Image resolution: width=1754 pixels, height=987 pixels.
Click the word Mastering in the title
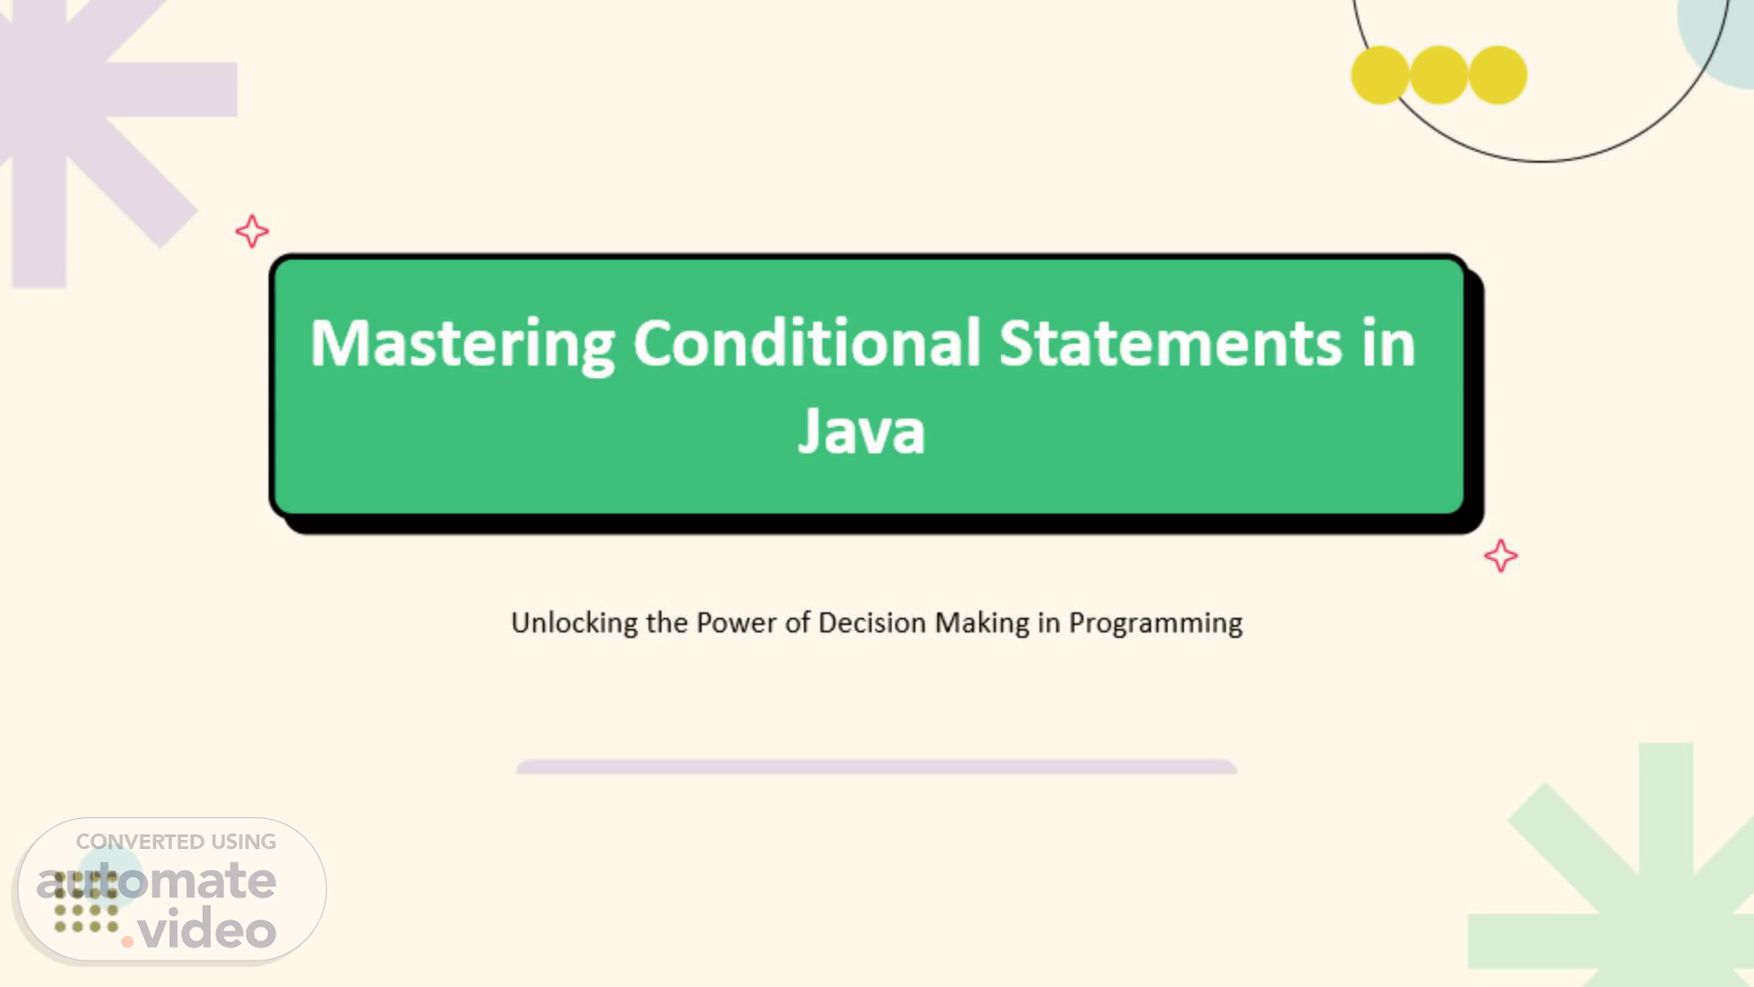[462, 345]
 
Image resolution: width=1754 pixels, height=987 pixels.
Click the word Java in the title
[861, 430]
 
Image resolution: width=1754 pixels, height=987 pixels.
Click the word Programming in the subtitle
[1156, 623]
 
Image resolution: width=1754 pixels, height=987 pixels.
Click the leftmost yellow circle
[1380, 75]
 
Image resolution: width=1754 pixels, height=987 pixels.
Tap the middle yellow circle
[1439, 75]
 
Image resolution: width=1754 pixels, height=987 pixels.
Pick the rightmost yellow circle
[1498, 75]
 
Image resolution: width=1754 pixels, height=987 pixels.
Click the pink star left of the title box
[252, 231]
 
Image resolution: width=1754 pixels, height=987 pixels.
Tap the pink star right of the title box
[1501, 556]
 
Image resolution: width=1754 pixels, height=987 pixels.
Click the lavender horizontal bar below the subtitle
[876, 767]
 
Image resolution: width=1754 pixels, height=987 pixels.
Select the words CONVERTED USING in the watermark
[175, 842]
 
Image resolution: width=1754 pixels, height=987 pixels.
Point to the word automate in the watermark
[156, 881]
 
